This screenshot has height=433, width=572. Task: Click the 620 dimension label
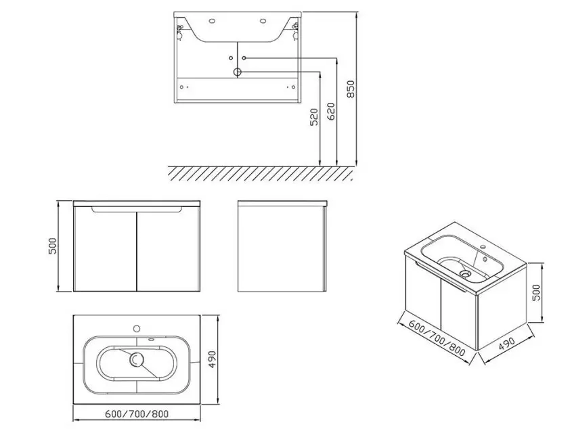[x=330, y=111]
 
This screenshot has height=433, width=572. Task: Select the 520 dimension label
[x=313, y=120]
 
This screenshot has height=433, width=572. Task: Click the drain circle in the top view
[x=138, y=360]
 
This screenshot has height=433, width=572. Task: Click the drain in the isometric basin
[x=465, y=274]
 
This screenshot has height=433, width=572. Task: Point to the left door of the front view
[x=105, y=250]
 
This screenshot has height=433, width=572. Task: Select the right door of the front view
[x=170, y=250]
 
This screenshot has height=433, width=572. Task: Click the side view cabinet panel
[x=282, y=249]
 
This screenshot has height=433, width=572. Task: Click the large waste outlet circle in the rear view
[x=238, y=71]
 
